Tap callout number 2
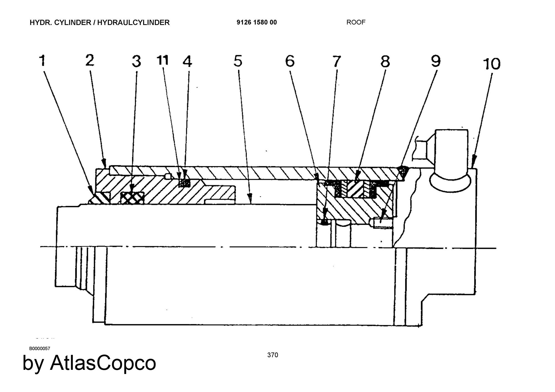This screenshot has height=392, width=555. click(90, 60)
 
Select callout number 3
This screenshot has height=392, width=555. click(136, 61)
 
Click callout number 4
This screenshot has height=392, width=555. click(188, 61)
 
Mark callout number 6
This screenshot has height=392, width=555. click(290, 61)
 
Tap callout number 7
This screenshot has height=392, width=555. click(336, 61)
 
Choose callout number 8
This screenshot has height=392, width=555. click(385, 61)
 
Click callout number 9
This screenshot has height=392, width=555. click(436, 61)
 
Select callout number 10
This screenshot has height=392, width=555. click(492, 64)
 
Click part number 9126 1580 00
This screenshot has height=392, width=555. click(257, 22)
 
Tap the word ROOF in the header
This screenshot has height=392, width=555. click(356, 22)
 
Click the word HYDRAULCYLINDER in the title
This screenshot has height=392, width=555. click(133, 22)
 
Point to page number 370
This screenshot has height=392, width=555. click(273, 355)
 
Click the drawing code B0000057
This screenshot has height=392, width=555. click(40, 348)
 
